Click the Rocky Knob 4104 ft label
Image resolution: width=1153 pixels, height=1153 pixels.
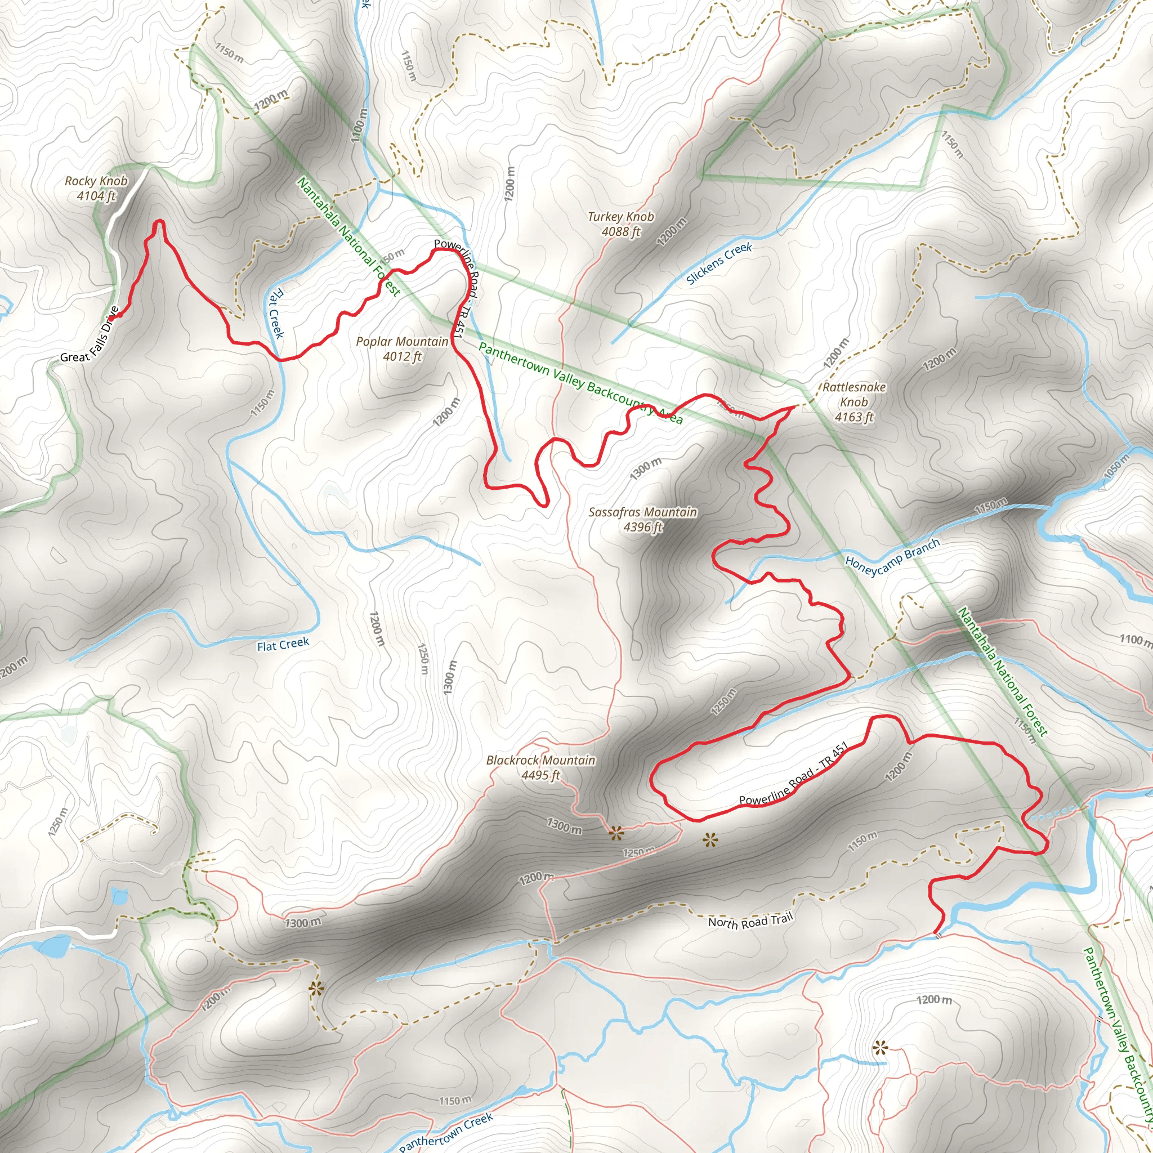(x=96, y=189)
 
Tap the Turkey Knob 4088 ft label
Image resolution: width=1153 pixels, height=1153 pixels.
(x=620, y=224)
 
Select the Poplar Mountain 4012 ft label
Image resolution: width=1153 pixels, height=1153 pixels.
(x=401, y=349)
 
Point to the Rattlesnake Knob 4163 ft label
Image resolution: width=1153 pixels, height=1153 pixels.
(x=853, y=402)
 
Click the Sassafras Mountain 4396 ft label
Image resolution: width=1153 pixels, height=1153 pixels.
(x=642, y=519)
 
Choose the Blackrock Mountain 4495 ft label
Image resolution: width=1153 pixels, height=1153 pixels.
(x=540, y=767)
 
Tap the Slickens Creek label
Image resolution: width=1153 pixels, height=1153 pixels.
(x=718, y=264)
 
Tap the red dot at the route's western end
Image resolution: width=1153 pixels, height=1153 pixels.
(x=113, y=316)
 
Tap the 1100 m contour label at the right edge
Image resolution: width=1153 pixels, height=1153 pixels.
(x=1135, y=640)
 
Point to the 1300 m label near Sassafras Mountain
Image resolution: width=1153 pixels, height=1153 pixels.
(x=646, y=468)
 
